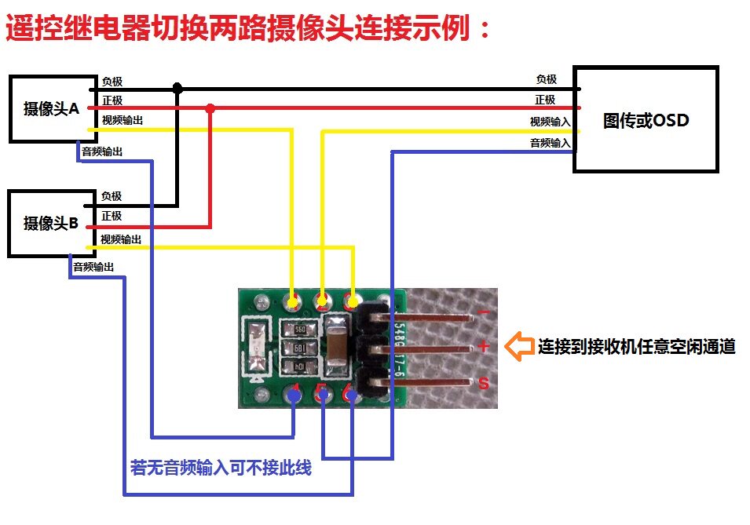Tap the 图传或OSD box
(x=646, y=120)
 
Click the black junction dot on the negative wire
(x=177, y=89)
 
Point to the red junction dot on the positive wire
(x=210, y=108)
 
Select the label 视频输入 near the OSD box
(x=550, y=122)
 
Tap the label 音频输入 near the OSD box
(x=550, y=143)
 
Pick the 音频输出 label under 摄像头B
(x=93, y=267)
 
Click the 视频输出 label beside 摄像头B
(x=121, y=239)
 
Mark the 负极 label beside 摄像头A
(x=112, y=82)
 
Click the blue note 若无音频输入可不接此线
(x=221, y=468)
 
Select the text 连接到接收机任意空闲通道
(x=636, y=346)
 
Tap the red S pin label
(x=484, y=384)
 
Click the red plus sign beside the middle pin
(x=484, y=347)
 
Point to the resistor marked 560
(x=300, y=331)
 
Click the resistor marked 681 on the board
(x=300, y=348)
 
